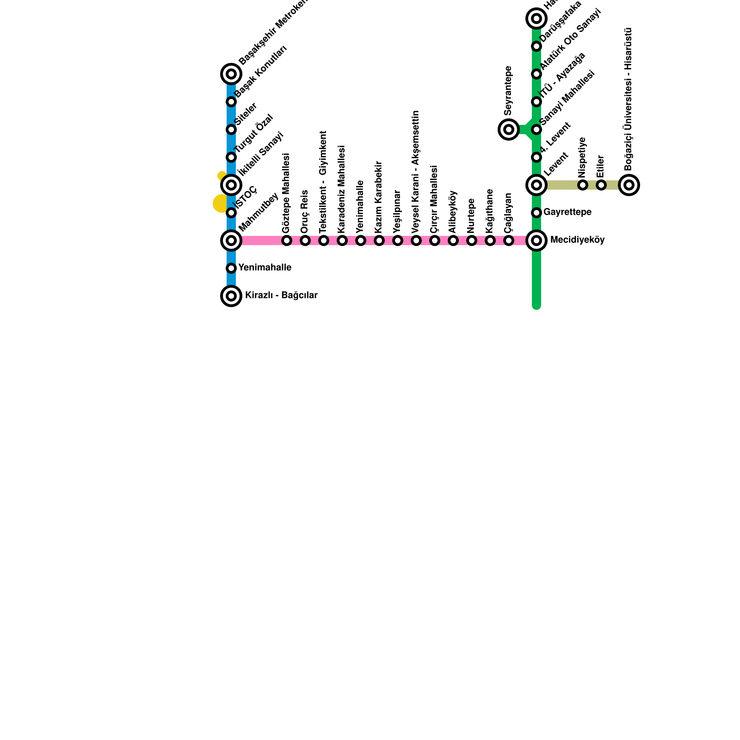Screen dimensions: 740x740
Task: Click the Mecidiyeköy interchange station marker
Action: pyautogui.click(x=536, y=240)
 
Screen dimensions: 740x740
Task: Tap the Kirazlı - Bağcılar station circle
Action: pyautogui.click(x=231, y=296)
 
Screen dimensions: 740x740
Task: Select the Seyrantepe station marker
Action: pyautogui.click(x=509, y=129)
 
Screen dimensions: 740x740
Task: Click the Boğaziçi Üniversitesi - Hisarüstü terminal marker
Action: pyautogui.click(x=629, y=185)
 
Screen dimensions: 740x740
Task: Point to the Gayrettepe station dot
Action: pyautogui.click(x=536, y=213)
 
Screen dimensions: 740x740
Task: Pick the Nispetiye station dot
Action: pyautogui.click(x=583, y=185)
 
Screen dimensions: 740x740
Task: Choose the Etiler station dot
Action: pyautogui.click(x=601, y=185)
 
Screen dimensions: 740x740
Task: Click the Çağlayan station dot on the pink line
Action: pyautogui.click(x=509, y=240)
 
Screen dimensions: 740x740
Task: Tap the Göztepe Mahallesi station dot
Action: pyautogui.click(x=287, y=240)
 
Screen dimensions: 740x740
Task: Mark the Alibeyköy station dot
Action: pyautogui.click(x=453, y=240)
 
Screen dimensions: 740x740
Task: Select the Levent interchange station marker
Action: pyautogui.click(x=536, y=185)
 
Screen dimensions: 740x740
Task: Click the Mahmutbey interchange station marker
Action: pyautogui.click(x=231, y=240)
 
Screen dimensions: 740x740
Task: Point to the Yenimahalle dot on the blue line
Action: pyautogui.click(x=231, y=268)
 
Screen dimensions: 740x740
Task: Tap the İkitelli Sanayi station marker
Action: pyautogui.click(x=231, y=185)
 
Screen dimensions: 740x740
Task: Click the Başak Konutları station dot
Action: pyautogui.click(x=231, y=102)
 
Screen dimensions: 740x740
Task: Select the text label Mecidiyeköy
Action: pyautogui.click(x=577, y=240)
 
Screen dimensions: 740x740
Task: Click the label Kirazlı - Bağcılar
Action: pyautogui.click(x=281, y=296)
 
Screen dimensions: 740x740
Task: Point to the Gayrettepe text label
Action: pyautogui.click(x=567, y=212)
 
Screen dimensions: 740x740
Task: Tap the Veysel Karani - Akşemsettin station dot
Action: pyautogui.click(x=416, y=240)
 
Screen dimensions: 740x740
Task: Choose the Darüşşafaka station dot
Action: pyautogui.click(x=536, y=46)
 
